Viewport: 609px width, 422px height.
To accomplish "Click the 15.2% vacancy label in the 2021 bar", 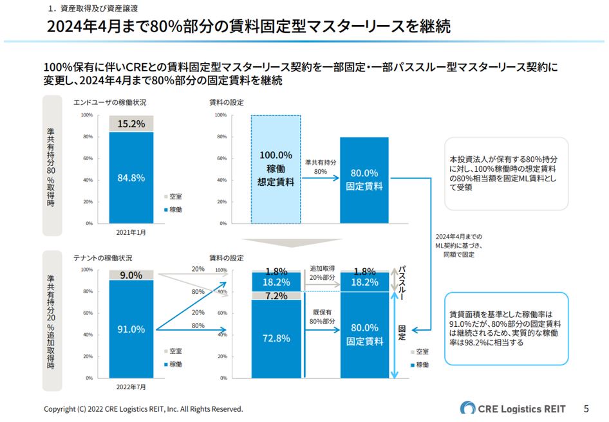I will [x=131, y=124].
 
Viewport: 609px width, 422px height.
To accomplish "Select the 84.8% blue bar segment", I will [x=131, y=178].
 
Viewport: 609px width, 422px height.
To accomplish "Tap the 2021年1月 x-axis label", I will [x=131, y=232].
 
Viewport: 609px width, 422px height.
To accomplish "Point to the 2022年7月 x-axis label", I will [x=131, y=387].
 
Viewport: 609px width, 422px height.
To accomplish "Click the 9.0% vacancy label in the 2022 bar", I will [x=131, y=275].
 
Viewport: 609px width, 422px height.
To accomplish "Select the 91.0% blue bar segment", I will [x=131, y=329].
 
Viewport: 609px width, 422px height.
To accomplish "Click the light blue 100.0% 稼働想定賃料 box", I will [x=276, y=169].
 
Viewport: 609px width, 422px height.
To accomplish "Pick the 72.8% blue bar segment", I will [x=276, y=338].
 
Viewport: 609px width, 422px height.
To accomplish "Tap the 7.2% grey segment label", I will [x=276, y=295].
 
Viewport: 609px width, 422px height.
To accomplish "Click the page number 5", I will [x=586, y=408].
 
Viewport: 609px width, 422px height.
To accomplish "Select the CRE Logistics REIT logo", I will [x=512, y=408].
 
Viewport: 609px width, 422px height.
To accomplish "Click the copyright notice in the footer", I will [x=143, y=409].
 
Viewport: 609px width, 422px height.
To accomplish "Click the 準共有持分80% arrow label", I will [x=320, y=167].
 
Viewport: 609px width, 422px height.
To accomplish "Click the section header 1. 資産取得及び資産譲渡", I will [x=93, y=9].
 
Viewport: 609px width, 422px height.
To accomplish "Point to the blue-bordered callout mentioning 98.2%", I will [x=506, y=329].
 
